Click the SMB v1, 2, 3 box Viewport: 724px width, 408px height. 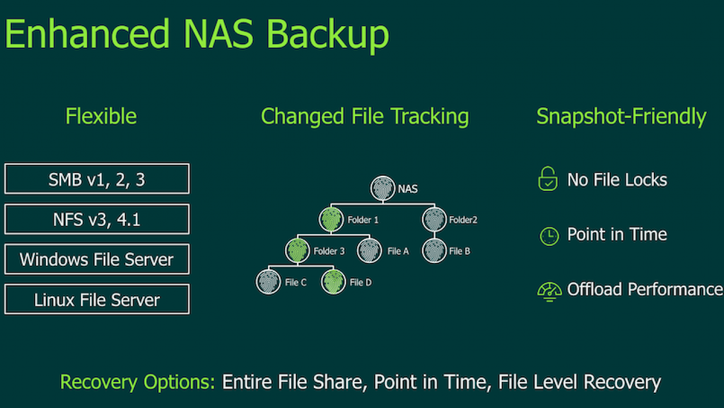point(97,178)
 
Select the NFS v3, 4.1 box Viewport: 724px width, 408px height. point(97,219)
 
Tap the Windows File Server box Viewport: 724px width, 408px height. point(97,259)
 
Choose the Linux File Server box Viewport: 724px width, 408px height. point(97,299)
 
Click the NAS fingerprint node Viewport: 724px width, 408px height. point(383,188)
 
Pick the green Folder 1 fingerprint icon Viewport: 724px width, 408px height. point(331,219)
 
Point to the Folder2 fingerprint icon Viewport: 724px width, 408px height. point(434,219)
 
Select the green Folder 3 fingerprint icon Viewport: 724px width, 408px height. point(298,250)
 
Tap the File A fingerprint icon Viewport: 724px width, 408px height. point(369,250)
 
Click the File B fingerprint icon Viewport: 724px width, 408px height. point(434,250)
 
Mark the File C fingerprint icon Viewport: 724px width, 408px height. point(268,282)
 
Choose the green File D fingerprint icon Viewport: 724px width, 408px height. point(334,282)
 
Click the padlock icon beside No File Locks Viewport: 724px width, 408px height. point(548,178)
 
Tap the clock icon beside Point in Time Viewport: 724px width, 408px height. point(549,236)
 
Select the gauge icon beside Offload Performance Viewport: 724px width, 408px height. point(549,292)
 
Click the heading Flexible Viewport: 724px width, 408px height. point(101,116)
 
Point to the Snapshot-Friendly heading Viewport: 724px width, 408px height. point(621,117)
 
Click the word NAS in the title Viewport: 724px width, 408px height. point(218,33)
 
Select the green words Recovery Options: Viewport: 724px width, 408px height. point(137,382)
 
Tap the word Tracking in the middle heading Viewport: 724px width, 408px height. point(429,117)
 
